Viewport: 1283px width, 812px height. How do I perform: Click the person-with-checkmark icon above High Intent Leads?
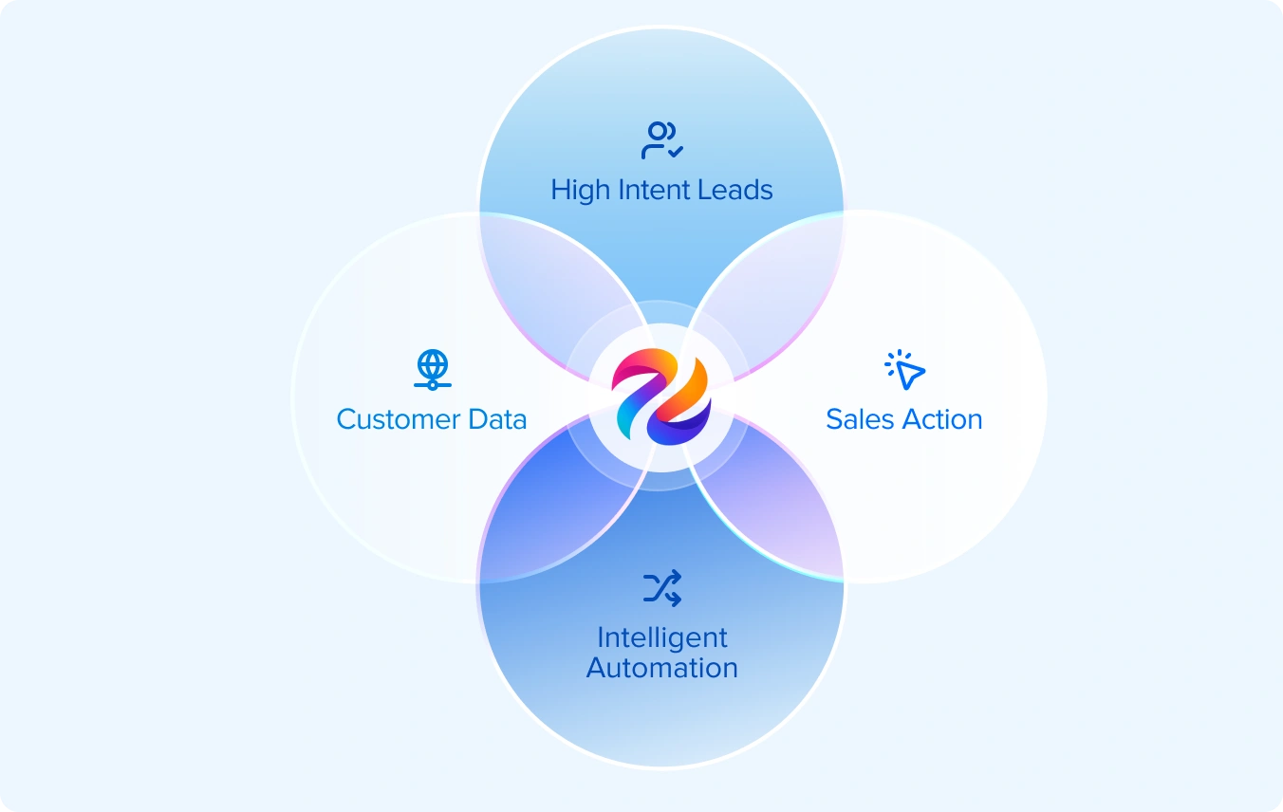(661, 140)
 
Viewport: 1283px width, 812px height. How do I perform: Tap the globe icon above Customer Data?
(433, 369)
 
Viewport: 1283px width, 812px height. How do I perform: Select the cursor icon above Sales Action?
(904, 369)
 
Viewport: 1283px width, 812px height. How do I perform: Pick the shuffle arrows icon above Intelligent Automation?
(661, 588)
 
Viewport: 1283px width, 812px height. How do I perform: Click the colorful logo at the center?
(661, 397)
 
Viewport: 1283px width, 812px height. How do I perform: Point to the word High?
(580, 190)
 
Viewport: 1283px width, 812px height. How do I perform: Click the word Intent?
(653, 190)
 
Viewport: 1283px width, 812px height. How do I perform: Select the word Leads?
(734, 190)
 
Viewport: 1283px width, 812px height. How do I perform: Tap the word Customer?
(398, 419)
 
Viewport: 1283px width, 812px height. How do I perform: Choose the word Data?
(496, 419)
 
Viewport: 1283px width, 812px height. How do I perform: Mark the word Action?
(940, 419)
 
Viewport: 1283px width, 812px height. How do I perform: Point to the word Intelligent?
(661, 637)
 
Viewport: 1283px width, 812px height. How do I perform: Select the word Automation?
(661, 668)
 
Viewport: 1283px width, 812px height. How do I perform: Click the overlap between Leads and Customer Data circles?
(550, 285)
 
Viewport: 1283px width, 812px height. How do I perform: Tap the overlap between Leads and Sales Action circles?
(773, 285)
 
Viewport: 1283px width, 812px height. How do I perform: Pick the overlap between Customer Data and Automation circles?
(550, 507)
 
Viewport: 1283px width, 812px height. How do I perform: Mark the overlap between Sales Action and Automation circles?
(773, 507)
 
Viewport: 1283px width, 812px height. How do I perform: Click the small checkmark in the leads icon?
(676, 150)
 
